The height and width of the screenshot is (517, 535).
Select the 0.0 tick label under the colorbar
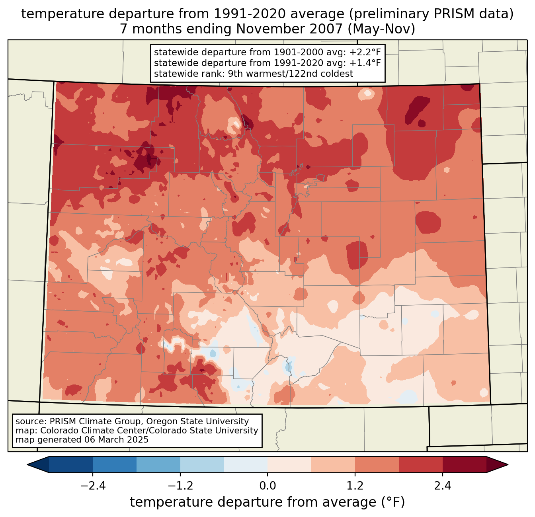(267, 486)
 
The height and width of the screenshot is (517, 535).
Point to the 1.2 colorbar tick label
(355, 486)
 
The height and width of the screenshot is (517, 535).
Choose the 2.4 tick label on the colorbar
(443, 486)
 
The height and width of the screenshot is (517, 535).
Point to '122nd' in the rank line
(306, 74)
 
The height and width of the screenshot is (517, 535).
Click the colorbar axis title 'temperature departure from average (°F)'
(267, 502)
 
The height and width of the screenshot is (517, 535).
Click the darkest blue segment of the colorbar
(71, 464)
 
